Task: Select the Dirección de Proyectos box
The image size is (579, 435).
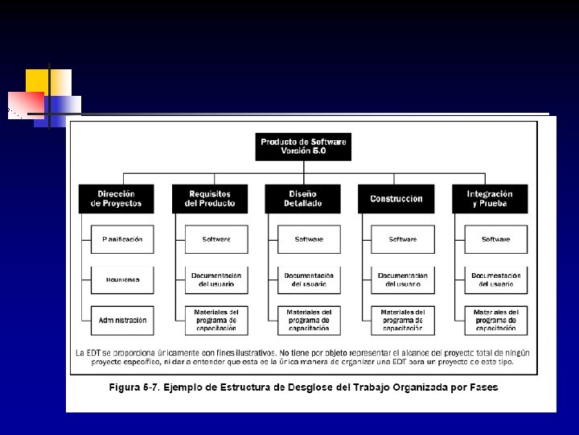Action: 117,199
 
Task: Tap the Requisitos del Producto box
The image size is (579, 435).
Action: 210,199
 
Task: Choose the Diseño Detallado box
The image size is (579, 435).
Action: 303,199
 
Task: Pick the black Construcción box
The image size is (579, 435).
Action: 396,199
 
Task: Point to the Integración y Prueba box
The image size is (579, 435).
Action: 490,199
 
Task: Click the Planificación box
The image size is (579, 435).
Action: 122,239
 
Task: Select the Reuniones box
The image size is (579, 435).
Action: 122,280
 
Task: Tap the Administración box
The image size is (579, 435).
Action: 122,320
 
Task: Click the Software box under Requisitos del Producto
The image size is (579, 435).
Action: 216,239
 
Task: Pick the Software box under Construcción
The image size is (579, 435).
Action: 403,239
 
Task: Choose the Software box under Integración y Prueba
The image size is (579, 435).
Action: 496,239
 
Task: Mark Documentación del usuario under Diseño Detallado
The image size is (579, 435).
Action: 309,280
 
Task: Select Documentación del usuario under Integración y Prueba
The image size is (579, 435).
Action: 496,280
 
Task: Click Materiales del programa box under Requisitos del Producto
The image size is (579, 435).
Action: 216,320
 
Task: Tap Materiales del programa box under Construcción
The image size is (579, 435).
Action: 403,320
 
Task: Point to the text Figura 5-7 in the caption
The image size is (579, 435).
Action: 133,387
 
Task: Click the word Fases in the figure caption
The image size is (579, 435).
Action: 481,387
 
